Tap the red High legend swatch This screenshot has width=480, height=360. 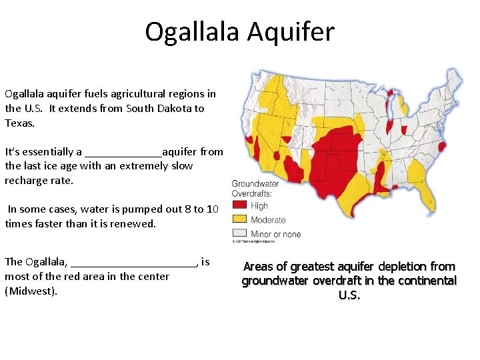[x=239, y=206]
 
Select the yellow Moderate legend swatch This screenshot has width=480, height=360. [x=239, y=219]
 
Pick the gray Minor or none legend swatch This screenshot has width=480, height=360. [x=239, y=233]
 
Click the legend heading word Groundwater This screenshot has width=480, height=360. [x=255, y=184]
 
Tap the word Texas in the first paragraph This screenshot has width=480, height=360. [x=19, y=123]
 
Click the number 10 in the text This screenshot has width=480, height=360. [x=213, y=209]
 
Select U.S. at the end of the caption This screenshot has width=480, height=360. [x=349, y=295]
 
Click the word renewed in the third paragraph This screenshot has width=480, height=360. [x=137, y=223]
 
